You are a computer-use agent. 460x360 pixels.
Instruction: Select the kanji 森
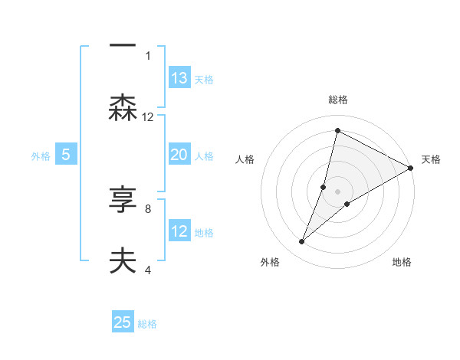[x=123, y=107]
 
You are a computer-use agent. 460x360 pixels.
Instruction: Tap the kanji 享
[x=123, y=199]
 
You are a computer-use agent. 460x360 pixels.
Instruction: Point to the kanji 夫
[x=123, y=260]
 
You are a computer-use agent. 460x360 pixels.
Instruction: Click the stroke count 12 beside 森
[x=148, y=117]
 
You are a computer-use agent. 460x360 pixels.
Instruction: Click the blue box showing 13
[x=179, y=78]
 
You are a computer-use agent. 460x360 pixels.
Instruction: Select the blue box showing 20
[x=179, y=155]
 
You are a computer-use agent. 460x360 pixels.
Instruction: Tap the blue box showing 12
[x=179, y=231]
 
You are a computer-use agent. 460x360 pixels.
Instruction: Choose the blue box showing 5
[x=66, y=155]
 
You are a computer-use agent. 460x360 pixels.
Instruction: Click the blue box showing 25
[x=123, y=322]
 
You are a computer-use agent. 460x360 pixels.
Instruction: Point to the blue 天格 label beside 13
[x=204, y=79]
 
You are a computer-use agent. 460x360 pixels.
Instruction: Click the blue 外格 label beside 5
[x=41, y=155]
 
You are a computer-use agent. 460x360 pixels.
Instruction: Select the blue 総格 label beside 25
[x=147, y=323]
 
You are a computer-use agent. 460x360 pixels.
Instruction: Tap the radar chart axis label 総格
[x=338, y=100]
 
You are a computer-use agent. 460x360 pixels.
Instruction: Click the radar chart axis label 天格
[x=431, y=159]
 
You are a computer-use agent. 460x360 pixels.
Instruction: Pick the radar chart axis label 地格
[x=402, y=263]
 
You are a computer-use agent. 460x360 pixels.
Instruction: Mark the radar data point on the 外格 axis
[x=302, y=242]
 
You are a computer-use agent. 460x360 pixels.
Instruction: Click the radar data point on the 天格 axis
[x=411, y=168]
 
